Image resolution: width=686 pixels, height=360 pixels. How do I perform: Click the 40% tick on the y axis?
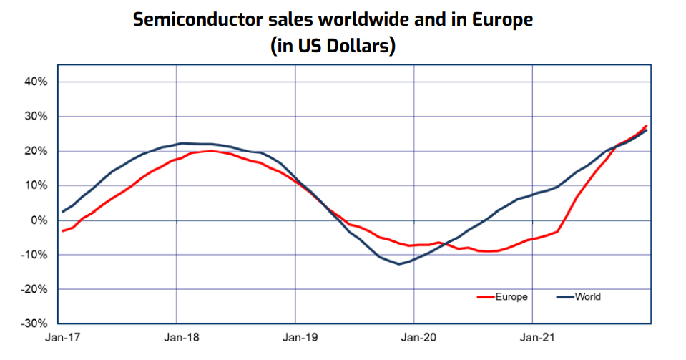pyautogui.click(x=35, y=82)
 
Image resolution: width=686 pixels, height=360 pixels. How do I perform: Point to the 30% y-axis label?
pyautogui.click(x=35, y=116)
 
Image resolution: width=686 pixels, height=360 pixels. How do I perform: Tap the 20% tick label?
pyautogui.click(x=35, y=151)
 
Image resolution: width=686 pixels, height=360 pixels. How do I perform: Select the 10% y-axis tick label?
pyautogui.click(x=35, y=185)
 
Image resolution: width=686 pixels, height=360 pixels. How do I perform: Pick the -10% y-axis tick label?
pyautogui.click(x=34, y=255)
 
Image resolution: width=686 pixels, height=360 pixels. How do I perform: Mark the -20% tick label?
pyautogui.click(x=34, y=289)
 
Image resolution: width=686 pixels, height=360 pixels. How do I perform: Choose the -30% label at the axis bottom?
pyautogui.click(x=34, y=323)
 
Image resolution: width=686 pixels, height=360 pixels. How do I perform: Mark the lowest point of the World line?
pyautogui.click(x=399, y=264)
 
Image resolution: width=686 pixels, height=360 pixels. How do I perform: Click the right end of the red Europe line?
pyautogui.click(x=647, y=126)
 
